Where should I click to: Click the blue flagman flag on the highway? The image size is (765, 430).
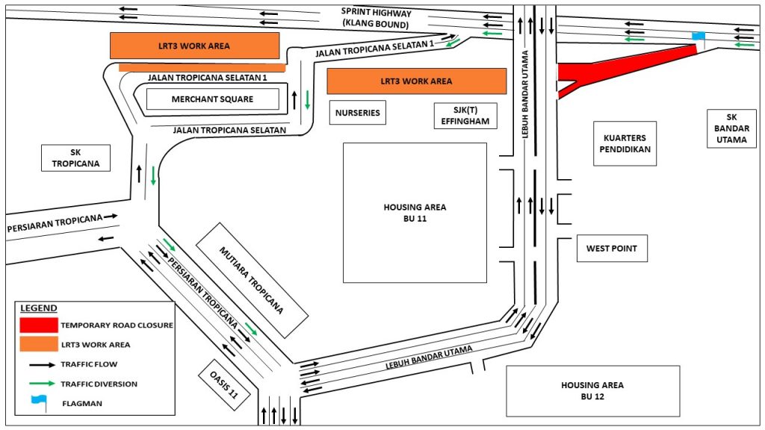click(x=698, y=36)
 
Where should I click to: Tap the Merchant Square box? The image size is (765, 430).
click(x=212, y=99)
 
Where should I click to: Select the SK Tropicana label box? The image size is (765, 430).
click(x=75, y=158)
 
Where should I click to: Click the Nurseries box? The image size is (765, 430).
click(x=357, y=113)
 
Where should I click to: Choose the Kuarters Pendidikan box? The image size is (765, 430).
click(x=625, y=143)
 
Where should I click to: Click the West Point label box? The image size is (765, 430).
click(x=612, y=249)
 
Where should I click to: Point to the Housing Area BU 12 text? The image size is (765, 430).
click(x=592, y=390)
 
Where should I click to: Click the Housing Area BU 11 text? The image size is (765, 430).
click(x=415, y=213)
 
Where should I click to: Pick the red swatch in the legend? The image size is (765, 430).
click(x=39, y=325)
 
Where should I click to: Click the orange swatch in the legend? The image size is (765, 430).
click(x=39, y=344)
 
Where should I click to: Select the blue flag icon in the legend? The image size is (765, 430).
click(x=37, y=404)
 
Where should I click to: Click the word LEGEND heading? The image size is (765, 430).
click(x=38, y=308)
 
